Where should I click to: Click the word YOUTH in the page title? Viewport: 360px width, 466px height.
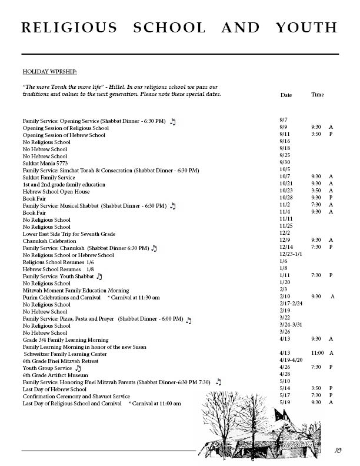[x=308, y=28]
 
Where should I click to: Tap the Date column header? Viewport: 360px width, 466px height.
[x=286, y=95]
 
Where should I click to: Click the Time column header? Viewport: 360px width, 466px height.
[x=317, y=95]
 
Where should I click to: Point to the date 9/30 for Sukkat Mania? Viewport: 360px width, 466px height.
[x=285, y=163]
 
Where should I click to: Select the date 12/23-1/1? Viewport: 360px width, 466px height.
[x=291, y=255]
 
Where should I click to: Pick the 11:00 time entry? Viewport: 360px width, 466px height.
[x=318, y=354]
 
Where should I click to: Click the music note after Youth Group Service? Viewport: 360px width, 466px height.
[x=78, y=368]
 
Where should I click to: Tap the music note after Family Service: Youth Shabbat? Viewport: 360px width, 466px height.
[x=99, y=276]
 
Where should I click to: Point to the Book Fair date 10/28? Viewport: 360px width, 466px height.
[x=286, y=198]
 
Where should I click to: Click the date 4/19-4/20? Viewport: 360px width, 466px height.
[x=291, y=361]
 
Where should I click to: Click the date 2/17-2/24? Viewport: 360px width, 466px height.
[x=291, y=304]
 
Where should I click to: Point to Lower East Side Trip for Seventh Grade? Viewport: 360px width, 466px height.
[x=69, y=234]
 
